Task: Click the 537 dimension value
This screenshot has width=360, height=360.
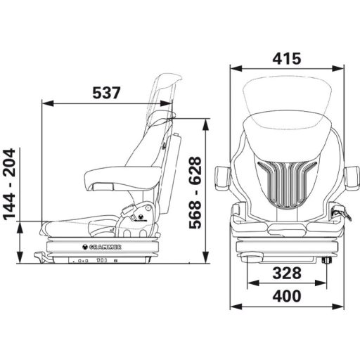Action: (x=106, y=93)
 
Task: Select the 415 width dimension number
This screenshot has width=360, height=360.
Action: (x=287, y=58)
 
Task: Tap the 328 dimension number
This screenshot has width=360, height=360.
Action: (x=287, y=273)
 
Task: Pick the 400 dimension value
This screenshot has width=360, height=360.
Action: (x=287, y=296)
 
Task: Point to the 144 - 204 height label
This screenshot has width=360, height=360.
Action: (x=10, y=184)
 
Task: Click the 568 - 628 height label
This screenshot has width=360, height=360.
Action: (x=195, y=193)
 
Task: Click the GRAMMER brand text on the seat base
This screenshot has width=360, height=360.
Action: (x=105, y=247)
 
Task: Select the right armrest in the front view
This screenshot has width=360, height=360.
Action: (x=352, y=176)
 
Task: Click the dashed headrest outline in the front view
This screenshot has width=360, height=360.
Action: (x=287, y=77)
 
